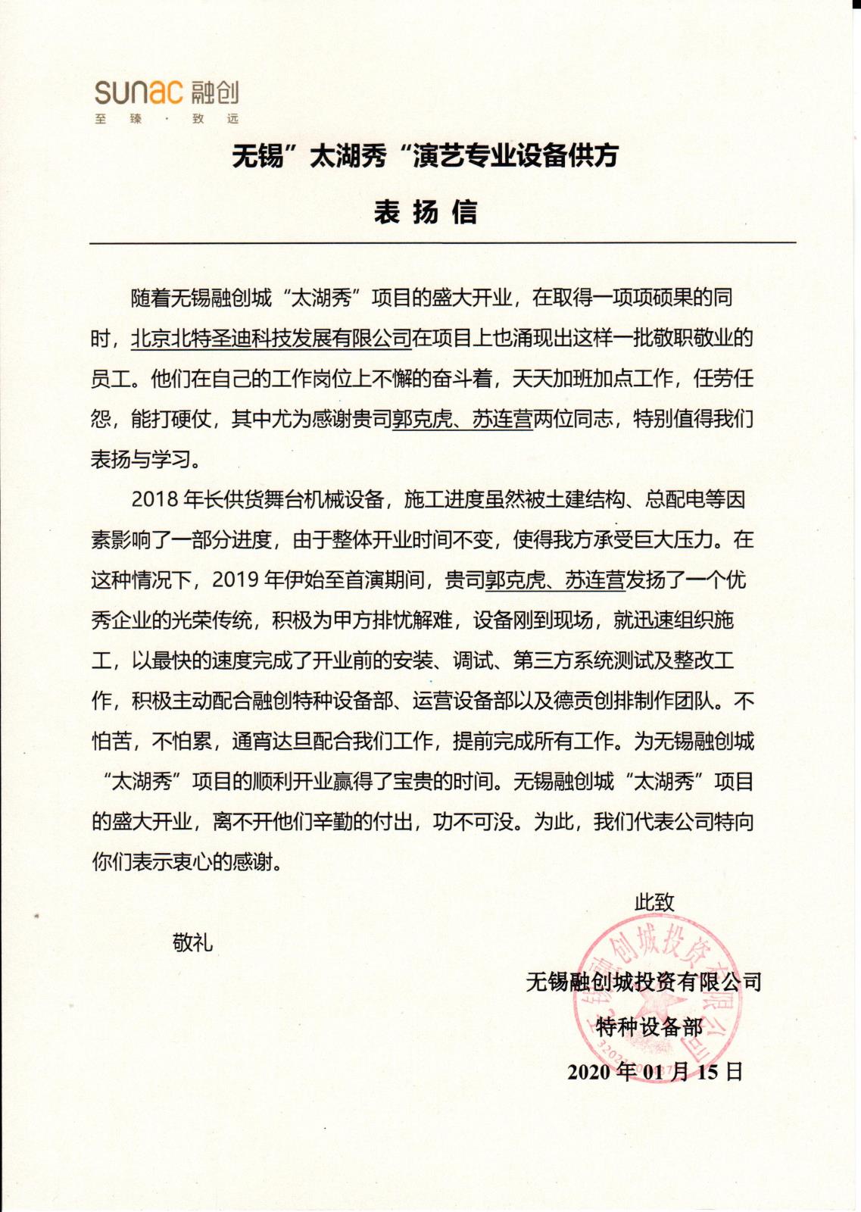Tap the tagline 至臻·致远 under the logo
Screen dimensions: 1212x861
tap(166, 119)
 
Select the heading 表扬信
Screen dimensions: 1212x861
tap(425, 212)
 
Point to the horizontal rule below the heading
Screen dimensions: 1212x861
tap(442, 242)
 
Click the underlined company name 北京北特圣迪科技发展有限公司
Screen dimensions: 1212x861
tap(271, 338)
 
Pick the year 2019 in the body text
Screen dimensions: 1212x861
tap(236, 579)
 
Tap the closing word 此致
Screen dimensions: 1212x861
tap(654, 902)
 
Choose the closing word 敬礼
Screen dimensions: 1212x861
tap(192, 942)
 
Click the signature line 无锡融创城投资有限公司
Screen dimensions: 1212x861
tap(644, 982)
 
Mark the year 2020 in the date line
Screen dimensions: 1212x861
tap(588, 1072)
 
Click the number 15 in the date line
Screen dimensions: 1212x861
tap(707, 1072)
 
